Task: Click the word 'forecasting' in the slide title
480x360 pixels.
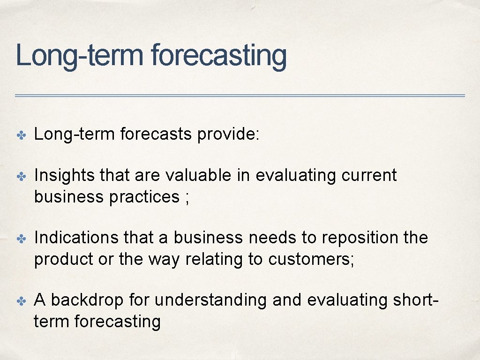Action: point(218,56)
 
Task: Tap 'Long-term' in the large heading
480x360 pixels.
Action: point(79,56)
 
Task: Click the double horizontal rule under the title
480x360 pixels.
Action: point(240,96)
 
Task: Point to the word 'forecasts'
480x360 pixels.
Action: point(156,135)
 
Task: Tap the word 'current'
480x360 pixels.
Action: point(369,175)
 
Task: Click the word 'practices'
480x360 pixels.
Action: point(144,197)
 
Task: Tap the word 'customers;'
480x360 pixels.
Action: point(312,259)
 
